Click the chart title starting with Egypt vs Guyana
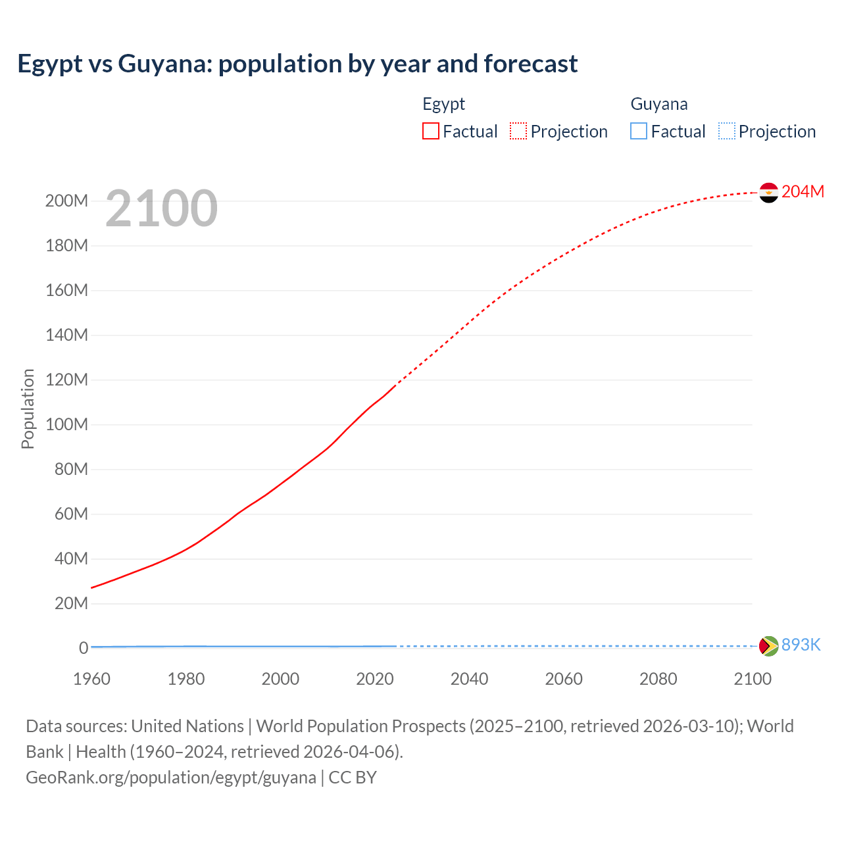[297, 64]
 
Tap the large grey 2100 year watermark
[161, 209]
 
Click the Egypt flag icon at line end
[768, 193]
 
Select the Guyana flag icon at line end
[768, 646]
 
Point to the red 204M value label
[803, 191]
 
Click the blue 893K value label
[801, 645]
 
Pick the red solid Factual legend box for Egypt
[431, 131]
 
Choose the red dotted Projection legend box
[518, 131]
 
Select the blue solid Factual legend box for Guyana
[639, 131]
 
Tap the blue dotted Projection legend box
[727, 131]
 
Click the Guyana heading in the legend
[659, 104]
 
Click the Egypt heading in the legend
[443, 104]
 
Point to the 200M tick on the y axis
[66, 201]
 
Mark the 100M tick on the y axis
[66, 424]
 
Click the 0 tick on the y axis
[84, 648]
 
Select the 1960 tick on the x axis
[91, 679]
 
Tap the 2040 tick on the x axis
[469, 679]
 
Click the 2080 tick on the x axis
[658, 679]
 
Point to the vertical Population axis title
[28, 409]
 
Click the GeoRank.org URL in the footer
[171, 778]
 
